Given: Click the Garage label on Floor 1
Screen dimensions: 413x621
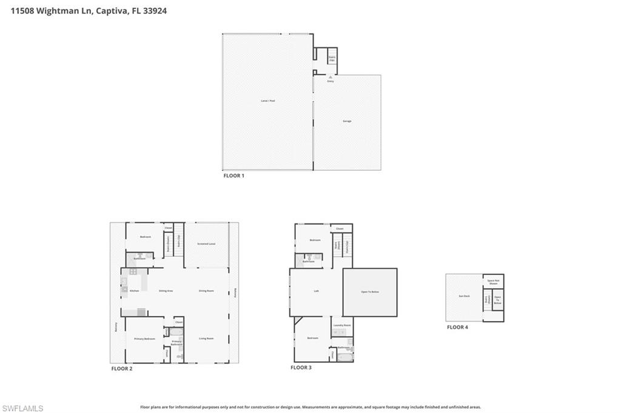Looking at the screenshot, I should pos(347,121).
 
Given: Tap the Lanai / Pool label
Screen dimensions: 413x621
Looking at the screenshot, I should pos(267,101).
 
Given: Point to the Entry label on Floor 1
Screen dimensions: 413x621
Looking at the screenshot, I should pos(331,81).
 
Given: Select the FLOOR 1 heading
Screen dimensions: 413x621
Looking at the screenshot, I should pos(234,176).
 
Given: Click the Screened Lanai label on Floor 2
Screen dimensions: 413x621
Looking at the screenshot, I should pos(206,244).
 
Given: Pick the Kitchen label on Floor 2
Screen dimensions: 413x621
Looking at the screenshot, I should pos(134,291).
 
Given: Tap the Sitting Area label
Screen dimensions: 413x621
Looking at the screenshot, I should pos(166,291).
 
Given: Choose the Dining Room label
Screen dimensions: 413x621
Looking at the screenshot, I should pos(206,291).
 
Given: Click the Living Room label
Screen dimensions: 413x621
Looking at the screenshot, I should pos(206,339).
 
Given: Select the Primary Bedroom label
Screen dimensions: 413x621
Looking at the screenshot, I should pos(144,339).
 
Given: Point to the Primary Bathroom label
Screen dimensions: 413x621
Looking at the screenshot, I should pos(176,343).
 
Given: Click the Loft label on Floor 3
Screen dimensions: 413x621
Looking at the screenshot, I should pos(316,291).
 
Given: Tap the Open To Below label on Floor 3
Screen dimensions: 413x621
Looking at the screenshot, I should pos(369,292).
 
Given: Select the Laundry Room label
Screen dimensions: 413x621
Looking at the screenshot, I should pos(342,325).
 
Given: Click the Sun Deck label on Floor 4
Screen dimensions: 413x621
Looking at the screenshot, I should pos(464,297).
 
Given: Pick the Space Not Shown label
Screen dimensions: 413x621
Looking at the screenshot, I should pos(493,282).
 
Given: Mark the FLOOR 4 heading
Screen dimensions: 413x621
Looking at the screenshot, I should pos(457,327).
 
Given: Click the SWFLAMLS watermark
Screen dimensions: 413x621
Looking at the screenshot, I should pos(22,408).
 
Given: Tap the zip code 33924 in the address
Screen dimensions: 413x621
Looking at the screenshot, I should pos(155,10).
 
